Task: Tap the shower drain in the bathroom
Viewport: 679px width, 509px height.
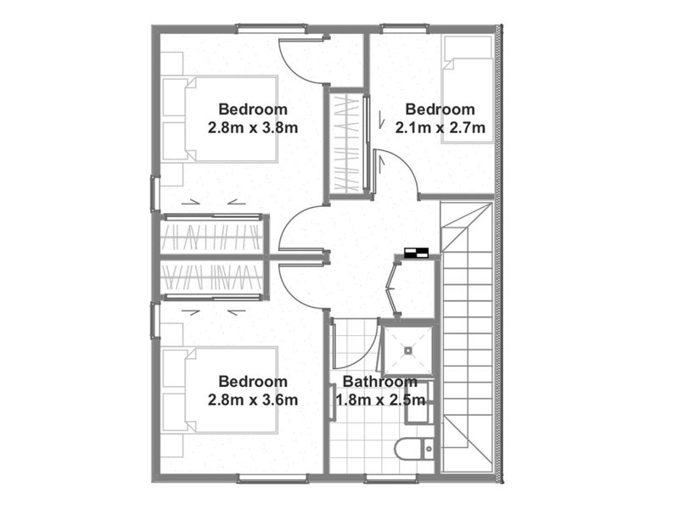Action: tap(408, 350)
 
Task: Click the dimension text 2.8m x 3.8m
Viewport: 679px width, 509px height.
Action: tap(253, 128)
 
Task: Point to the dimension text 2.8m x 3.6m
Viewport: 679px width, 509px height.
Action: tap(253, 400)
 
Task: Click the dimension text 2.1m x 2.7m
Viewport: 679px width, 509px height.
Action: tap(440, 128)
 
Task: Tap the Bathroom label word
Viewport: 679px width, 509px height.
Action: tap(379, 382)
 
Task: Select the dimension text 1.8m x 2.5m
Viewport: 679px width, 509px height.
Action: tap(380, 400)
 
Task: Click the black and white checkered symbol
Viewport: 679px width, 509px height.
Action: tap(416, 253)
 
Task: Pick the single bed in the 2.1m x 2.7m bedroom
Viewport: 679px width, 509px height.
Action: tap(468, 90)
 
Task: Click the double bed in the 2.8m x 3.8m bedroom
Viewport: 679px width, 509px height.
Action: tap(220, 119)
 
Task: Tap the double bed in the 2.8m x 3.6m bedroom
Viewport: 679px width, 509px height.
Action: tap(220, 390)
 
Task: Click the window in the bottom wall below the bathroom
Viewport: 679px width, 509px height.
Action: tap(390, 478)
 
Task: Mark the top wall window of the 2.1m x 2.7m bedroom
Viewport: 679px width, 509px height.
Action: tap(405, 29)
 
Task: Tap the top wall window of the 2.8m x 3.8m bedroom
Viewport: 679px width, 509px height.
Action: tap(271, 29)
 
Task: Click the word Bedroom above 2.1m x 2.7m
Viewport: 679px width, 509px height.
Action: tap(440, 109)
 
